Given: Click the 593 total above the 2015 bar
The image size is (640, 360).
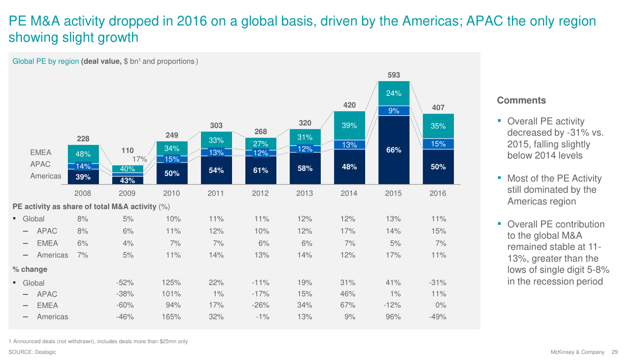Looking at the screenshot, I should [x=394, y=75].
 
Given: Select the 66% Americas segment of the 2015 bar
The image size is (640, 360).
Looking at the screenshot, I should [x=394, y=150].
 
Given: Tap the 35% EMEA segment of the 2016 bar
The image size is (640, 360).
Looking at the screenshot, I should [x=438, y=126].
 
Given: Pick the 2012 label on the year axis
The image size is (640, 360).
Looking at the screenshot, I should [x=261, y=193].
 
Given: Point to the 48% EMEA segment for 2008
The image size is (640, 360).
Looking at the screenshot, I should [x=83, y=153].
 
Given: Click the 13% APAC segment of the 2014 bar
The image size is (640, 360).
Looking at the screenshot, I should [x=349, y=145].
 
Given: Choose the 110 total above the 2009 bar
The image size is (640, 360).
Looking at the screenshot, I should [x=127, y=150].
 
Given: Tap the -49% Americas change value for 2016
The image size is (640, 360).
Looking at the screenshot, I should [x=438, y=317].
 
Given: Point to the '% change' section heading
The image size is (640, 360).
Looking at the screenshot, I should [x=30, y=269].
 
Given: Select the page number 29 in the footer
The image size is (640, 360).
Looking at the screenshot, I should [x=615, y=352].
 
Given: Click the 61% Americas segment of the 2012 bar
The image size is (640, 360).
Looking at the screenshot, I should [x=261, y=170].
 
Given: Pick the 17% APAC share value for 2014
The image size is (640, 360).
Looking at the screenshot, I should [x=348, y=231].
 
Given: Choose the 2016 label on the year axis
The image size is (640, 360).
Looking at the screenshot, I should [x=438, y=193].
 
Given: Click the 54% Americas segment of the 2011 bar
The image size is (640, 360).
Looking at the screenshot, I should [x=216, y=170].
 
